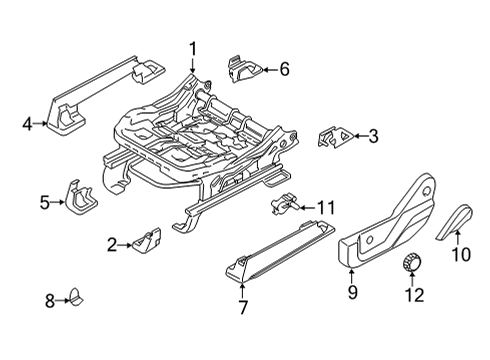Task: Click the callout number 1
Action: (193, 46)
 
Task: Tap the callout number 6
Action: (284, 69)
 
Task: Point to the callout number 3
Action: (373, 136)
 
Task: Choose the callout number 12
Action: (413, 295)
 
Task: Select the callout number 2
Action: (113, 243)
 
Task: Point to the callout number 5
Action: (44, 203)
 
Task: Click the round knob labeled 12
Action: (410, 264)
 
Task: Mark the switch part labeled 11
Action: (283, 206)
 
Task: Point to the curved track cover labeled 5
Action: (78, 198)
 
